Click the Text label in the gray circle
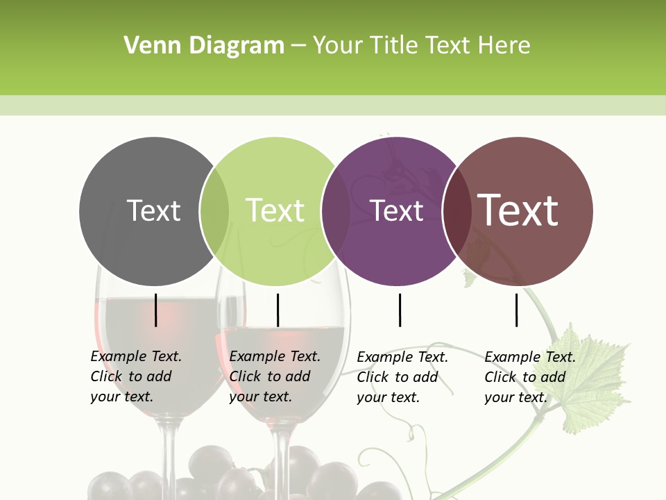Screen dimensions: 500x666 coord(153,210)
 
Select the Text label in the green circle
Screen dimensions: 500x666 coord(275,210)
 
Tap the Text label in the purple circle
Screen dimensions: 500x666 coord(397,210)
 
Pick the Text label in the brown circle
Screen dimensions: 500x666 coord(518,210)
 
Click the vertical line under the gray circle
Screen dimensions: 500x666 coord(155,310)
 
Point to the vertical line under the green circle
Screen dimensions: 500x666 coord(277,310)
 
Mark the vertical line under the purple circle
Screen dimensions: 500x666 coord(400,310)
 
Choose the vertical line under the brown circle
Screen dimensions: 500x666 coord(516,310)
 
